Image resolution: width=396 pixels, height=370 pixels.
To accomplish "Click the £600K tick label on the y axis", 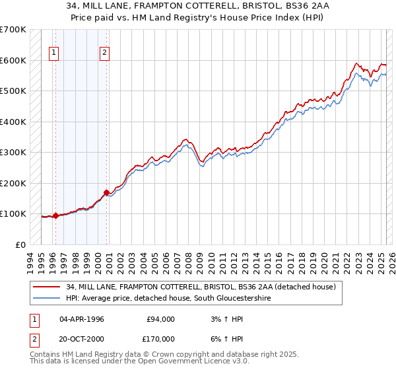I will (x=13, y=60).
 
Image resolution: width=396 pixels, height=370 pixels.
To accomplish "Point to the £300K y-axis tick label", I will (x=13, y=153).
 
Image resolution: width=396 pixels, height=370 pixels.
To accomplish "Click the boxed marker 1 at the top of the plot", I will (x=53, y=54).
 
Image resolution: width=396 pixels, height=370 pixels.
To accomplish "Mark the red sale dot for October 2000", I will (x=106, y=192).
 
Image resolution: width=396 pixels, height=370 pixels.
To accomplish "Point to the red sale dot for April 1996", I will (x=55, y=215).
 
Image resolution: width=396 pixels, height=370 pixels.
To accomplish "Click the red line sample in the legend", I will (x=47, y=287).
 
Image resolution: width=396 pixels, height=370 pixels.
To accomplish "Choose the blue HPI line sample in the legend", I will (x=47, y=298).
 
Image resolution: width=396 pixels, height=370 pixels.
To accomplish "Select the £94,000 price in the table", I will (x=159, y=319).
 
